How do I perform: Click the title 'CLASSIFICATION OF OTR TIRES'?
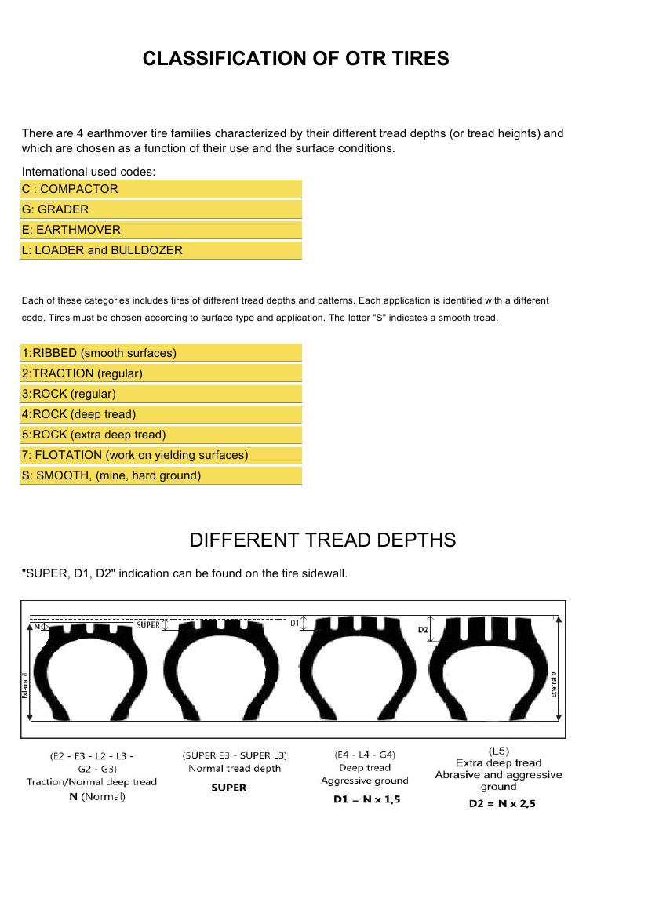296,59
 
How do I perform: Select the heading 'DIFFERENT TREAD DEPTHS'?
322,540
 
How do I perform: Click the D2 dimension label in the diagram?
422,630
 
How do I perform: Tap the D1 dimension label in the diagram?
295,623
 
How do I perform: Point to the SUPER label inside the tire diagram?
148,625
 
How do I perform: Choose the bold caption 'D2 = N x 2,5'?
502,803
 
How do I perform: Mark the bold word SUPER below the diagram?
229,788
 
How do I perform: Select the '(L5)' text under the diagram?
499,751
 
